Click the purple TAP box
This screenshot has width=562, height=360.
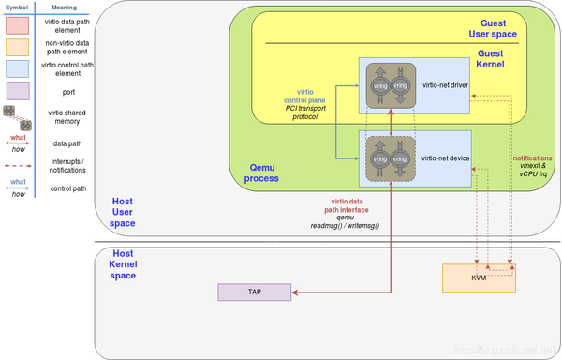point(255,292)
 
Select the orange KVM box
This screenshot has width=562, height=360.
point(480,278)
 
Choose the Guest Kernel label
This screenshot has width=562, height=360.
point(492,60)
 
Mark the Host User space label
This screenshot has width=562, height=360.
point(122,213)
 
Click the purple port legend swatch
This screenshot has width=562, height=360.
point(17,91)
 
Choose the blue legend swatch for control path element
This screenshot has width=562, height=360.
point(17,68)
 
